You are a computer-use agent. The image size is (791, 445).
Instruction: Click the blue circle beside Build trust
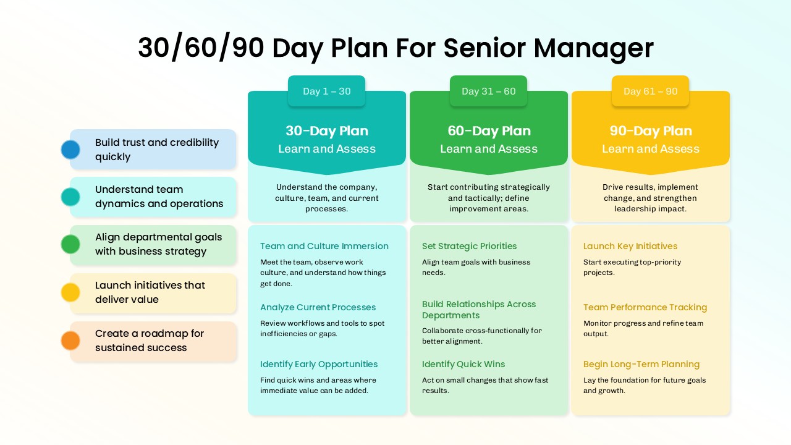70,150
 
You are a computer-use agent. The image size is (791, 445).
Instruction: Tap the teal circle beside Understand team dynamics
70,197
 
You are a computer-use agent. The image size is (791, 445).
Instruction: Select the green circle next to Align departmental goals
70,244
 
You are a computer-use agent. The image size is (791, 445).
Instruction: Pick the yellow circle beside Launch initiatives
70,292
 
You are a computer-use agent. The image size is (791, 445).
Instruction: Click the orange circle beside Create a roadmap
70,341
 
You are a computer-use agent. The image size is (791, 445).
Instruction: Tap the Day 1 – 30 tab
327,91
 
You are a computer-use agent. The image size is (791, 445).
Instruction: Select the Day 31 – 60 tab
488,91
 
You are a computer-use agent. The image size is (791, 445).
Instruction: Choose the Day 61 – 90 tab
651,91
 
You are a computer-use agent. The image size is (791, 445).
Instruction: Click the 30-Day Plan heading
327,131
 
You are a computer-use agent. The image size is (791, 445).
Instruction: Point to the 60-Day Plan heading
489,131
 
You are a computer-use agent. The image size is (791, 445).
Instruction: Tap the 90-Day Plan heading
651,131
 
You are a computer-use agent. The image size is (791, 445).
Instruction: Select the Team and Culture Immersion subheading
324,246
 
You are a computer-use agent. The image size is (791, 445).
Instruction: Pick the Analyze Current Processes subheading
318,307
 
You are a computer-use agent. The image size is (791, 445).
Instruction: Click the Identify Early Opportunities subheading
319,364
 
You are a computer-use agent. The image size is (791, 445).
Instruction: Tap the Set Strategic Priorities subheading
469,246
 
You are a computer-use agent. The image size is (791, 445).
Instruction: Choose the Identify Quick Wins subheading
463,364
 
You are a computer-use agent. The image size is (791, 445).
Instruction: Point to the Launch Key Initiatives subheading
630,246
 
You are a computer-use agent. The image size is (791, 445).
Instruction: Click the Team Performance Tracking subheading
645,307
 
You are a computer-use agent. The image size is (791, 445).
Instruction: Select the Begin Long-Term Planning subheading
641,364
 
